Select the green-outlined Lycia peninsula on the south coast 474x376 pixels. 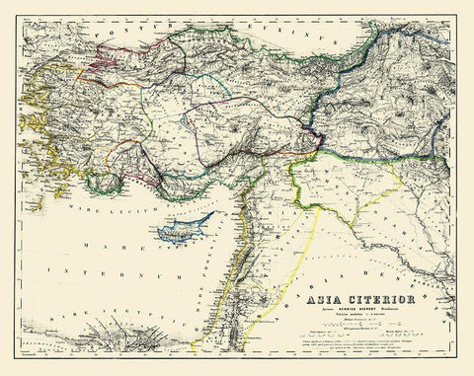(x=104, y=182)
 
